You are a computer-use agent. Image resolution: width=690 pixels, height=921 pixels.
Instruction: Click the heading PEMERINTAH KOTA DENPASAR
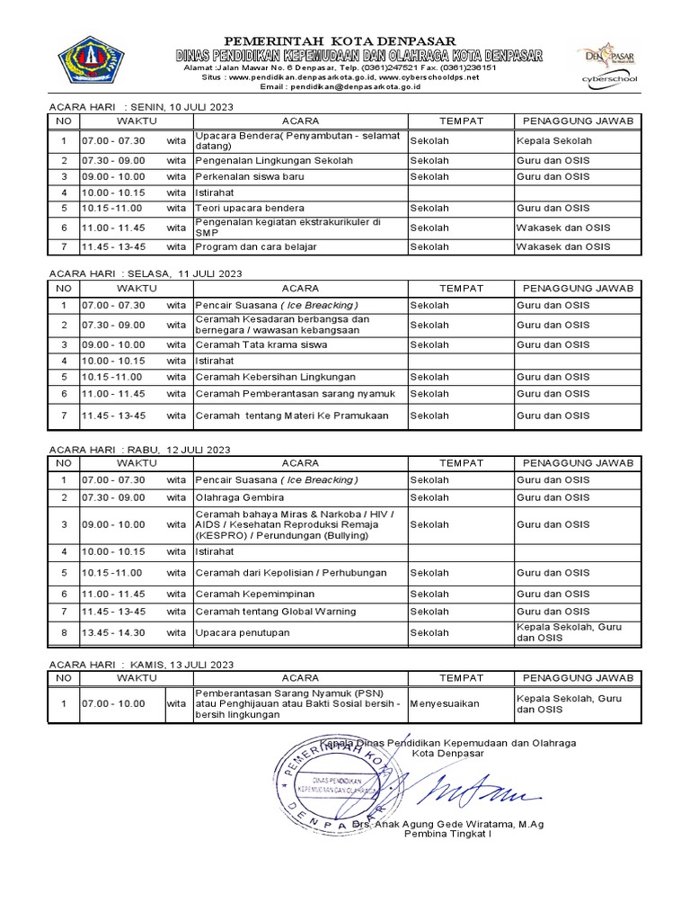click(340, 41)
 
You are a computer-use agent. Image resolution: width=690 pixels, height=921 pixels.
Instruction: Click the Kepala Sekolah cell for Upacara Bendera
click(553, 141)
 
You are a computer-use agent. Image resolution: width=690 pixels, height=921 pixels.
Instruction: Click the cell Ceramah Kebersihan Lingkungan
click(275, 377)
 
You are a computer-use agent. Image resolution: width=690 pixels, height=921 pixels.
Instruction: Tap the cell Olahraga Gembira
click(239, 497)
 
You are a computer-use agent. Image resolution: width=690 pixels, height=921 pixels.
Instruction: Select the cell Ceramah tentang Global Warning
click(275, 612)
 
